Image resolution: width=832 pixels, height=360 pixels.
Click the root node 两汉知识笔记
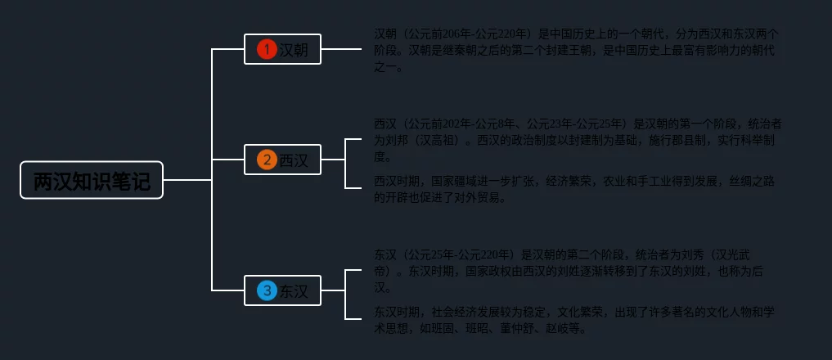92,180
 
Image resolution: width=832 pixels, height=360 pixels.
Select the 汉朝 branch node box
282,49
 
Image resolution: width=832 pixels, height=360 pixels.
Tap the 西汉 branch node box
282,160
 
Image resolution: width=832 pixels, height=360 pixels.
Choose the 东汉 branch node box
282,290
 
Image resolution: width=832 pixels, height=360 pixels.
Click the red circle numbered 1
267,49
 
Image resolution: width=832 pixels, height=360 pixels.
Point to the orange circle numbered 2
267,160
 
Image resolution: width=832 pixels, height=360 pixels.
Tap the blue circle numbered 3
267,290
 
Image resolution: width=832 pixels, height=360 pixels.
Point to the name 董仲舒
533,329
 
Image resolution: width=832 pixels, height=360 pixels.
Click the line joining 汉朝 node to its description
341,49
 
